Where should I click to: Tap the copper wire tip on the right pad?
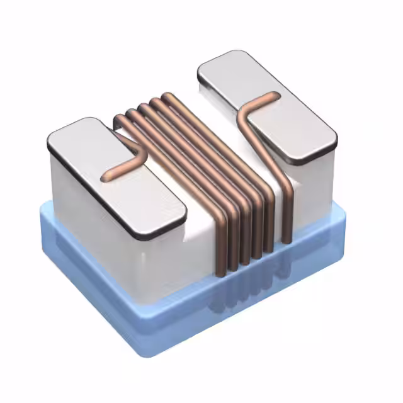point(275,96)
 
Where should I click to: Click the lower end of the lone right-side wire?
point(287,240)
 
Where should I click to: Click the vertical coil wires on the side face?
point(246,233)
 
